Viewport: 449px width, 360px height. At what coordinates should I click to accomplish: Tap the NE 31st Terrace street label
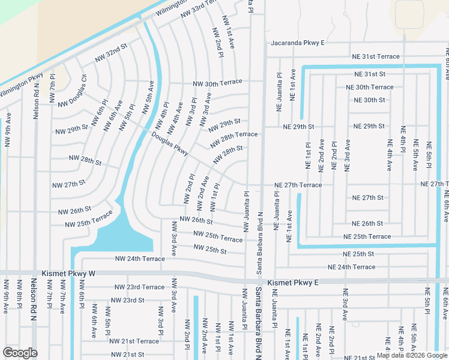[372, 56]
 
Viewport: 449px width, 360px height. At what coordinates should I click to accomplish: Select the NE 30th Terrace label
[370, 87]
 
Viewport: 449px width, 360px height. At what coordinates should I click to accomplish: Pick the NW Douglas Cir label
[72, 92]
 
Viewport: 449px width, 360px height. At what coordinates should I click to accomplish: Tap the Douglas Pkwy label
[170, 143]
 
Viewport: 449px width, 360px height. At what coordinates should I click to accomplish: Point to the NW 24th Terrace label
[140, 259]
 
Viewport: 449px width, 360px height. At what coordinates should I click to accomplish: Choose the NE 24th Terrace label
[351, 267]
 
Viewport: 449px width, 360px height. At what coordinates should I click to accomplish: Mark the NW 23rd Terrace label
[140, 287]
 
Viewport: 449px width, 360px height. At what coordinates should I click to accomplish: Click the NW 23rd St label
[128, 300]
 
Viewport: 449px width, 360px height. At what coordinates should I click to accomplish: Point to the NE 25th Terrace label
[367, 236]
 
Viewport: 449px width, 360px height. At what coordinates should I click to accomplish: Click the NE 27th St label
[368, 197]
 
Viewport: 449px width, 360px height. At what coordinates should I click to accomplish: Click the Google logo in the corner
[20, 352]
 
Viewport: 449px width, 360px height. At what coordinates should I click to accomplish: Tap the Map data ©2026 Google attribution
[411, 355]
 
